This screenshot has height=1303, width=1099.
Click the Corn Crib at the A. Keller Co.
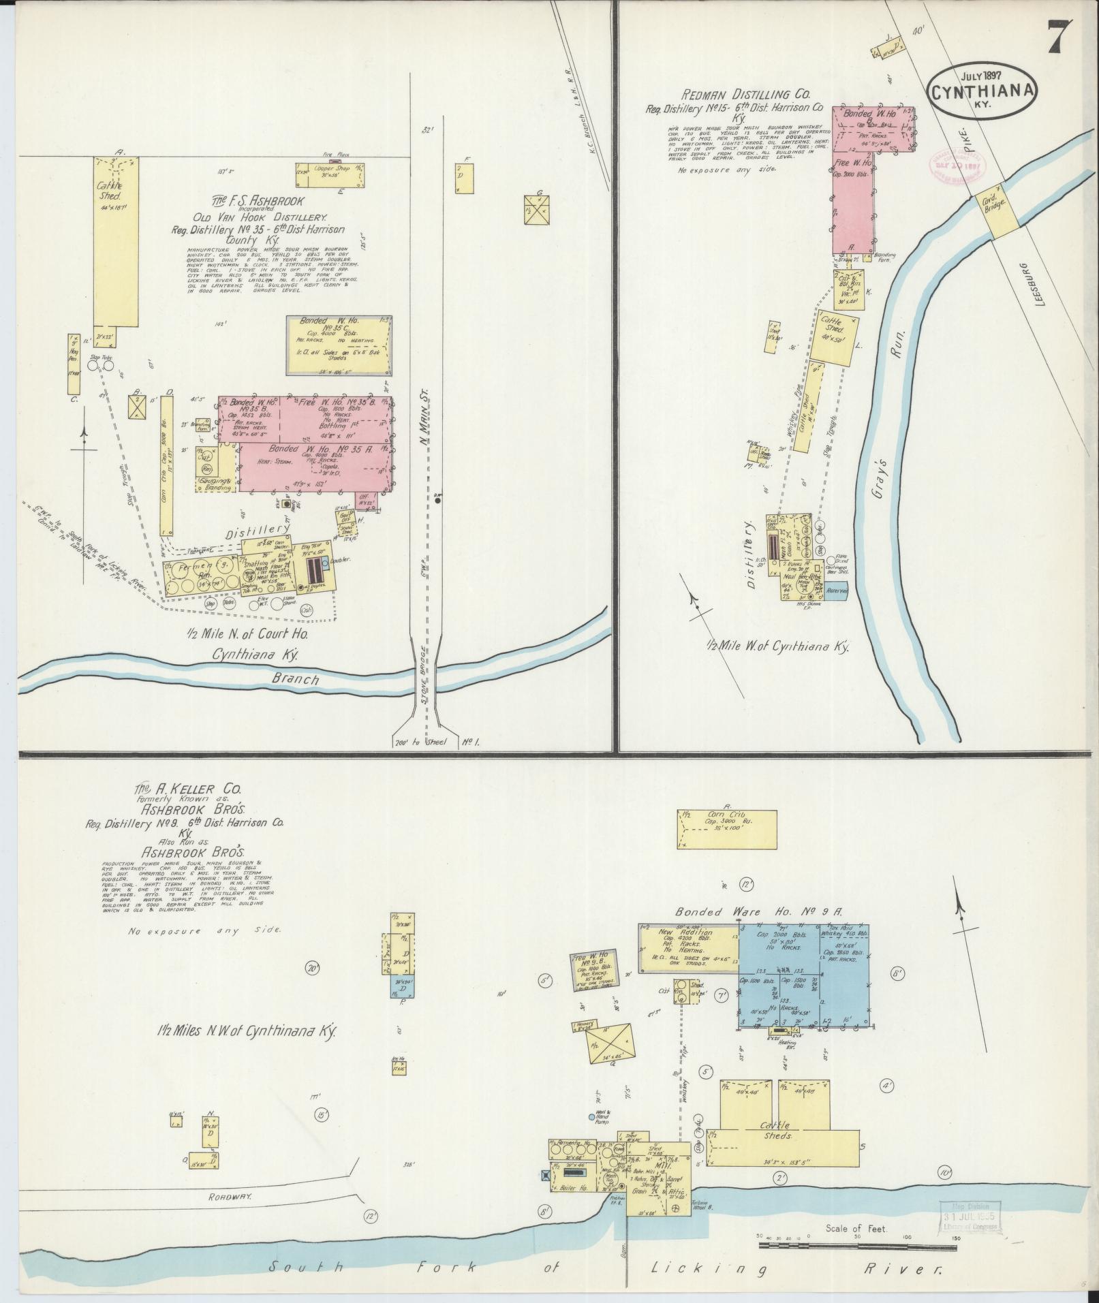coord(727,829)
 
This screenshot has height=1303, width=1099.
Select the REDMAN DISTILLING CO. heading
coord(739,95)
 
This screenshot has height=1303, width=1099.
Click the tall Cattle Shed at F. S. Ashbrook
coord(116,238)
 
